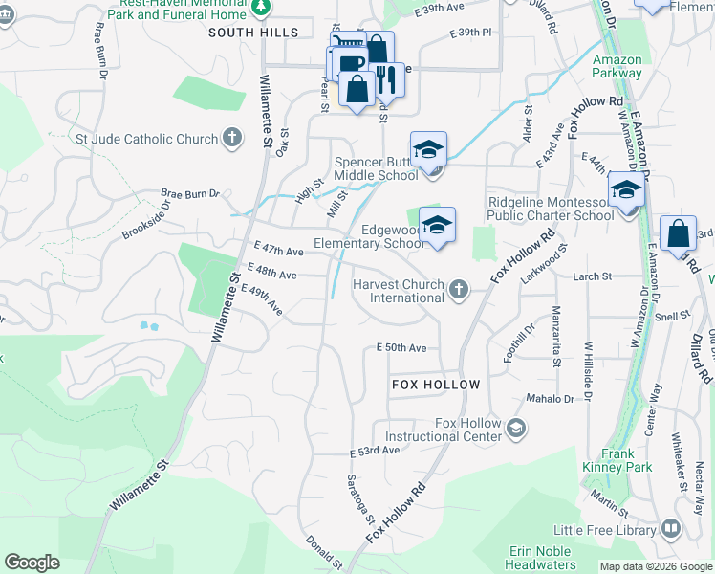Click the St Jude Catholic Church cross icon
pos(230,139)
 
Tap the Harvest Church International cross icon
pos(459,290)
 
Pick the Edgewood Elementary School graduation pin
pos(437,226)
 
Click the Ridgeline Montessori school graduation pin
pos(626,189)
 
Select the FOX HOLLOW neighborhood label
pos(435,384)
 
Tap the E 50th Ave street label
pos(401,347)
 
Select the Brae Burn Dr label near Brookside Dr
pos(190,193)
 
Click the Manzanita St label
pos(555,336)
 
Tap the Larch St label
pos(592,276)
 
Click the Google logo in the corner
pos(32,563)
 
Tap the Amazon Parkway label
pos(617,66)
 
